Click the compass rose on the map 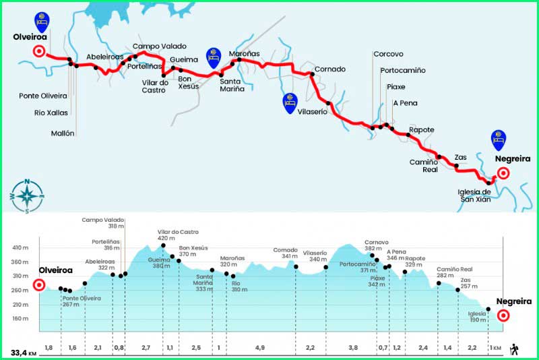tap(26, 196)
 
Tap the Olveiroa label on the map tap(29, 38)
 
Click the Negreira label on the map tap(512, 159)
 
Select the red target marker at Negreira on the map tap(503, 173)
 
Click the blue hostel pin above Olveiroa tap(41, 20)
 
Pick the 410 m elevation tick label tap(20, 248)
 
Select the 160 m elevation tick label tap(20, 319)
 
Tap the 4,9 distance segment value tap(260, 348)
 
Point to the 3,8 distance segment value tap(352, 348)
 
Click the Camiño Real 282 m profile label tap(450, 271)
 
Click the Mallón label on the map tap(63, 133)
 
